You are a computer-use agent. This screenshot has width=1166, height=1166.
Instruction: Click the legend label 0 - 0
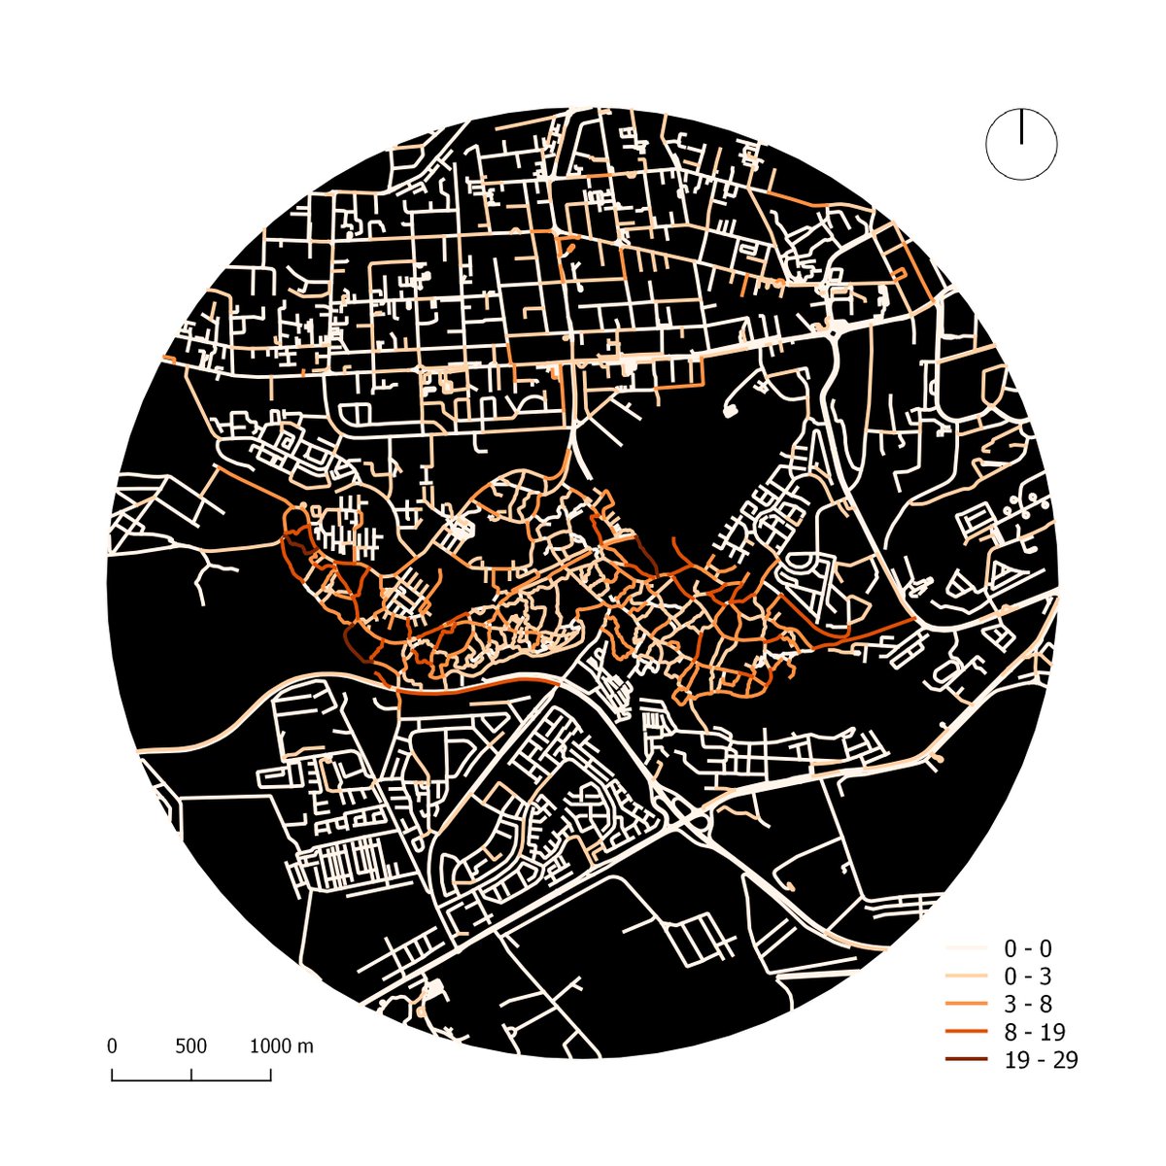tap(1028, 948)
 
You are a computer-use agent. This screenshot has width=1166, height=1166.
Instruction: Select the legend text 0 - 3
tap(1028, 977)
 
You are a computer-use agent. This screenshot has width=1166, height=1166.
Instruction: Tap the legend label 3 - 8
tap(1028, 1004)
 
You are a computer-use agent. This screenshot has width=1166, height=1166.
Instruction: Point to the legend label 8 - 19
tap(1035, 1032)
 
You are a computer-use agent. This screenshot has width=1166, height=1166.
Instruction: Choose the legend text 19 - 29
tap(1041, 1060)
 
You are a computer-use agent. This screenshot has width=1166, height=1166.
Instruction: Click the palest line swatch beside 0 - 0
tap(966, 947)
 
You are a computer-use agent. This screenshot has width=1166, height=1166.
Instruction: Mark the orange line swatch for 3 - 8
tap(966, 1003)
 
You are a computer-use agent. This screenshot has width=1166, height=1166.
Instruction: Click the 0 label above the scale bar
tap(112, 1046)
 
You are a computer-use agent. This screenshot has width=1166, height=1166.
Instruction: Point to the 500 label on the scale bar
tap(191, 1046)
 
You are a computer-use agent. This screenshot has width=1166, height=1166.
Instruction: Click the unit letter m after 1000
tap(306, 1047)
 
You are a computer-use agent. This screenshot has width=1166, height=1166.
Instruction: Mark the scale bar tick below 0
tap(112, 1075)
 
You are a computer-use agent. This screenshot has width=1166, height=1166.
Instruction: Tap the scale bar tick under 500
tap(191, 1075)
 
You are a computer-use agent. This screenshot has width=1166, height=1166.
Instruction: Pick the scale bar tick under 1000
tap(271, 1075)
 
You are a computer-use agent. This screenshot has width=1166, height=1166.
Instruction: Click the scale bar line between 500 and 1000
tap(231, 1080)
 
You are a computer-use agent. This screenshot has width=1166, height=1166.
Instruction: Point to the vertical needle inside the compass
tap(1021, 126)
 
